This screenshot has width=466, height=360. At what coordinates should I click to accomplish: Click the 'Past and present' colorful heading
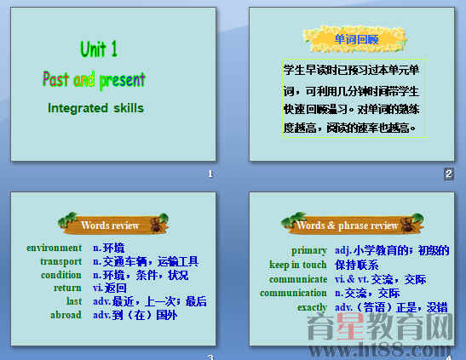[95, 80]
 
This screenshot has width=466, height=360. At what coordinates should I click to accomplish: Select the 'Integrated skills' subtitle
[95, 108]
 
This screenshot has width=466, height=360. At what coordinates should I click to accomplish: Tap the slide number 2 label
[448, 174]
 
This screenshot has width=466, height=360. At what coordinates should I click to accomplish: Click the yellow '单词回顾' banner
[355, 39]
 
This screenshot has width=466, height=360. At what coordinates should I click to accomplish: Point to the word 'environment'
[55, 248]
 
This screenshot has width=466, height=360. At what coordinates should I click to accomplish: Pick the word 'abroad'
[66, 314]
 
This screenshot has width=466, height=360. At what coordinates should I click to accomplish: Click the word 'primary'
[308, 250]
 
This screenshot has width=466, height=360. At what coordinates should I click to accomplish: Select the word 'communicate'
[298, 279]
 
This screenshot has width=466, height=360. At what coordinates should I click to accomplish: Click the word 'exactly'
[312, 307]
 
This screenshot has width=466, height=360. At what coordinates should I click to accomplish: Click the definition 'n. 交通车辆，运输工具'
[146, 261]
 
